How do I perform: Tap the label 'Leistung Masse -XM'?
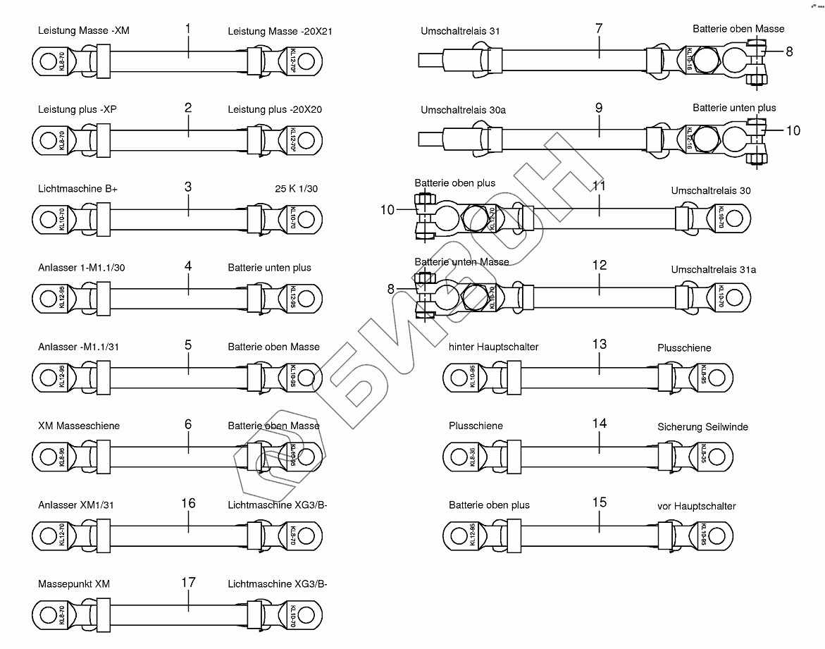pyautogui.click(x=84, y=31)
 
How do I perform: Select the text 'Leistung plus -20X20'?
pyautogui.click(x=275, y=110)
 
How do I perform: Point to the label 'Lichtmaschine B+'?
pyautogui.click(x=77, y=189)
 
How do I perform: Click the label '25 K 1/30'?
pyautogui.click(x=296, y=189)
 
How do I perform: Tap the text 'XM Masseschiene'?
pyautogui.click(x=79, y=426)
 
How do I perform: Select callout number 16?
pyautogui.click(x=188, y=503)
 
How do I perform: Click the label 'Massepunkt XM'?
pyautogui.click(x=74, y=584)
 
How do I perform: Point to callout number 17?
pyautogui.click(x=188, y=583)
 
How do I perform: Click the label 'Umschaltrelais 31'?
pyautogui.click(x=460, y=31)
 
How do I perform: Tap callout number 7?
pyautogui.click(x=599, y=29)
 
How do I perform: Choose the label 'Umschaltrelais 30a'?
pyautogui.click(x=463, y=110)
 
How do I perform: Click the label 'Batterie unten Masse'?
pyautogui.click(x=461, y=262)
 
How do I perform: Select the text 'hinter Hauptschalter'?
pyautogui.click(x=493, y=347)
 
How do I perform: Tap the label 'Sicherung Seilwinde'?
pyautogui.click(x=702, y=427)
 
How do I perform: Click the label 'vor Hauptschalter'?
pyautogui.click(x=696, y=506)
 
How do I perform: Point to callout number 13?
pyautogui.click(x=599, y=344)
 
